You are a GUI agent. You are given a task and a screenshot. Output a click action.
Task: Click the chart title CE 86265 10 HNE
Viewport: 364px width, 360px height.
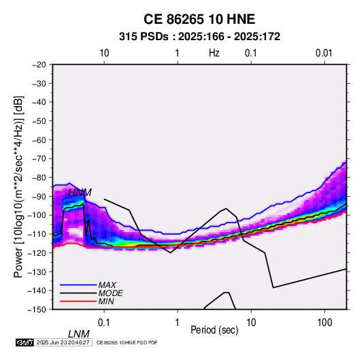199,19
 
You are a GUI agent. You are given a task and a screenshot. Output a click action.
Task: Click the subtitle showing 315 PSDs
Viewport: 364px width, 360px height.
199,37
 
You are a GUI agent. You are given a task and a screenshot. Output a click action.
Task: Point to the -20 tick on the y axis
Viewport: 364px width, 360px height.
39,65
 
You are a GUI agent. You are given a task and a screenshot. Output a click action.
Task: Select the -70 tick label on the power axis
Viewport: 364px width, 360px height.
39,159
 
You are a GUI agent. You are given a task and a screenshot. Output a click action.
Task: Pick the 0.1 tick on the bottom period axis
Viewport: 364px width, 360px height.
104,323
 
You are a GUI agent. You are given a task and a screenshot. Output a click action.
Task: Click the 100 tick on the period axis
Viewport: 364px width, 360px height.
325,323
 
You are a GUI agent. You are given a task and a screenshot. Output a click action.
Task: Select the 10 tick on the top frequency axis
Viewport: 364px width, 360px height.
104,53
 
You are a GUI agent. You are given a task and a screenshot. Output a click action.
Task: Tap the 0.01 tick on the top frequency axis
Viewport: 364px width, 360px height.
324,53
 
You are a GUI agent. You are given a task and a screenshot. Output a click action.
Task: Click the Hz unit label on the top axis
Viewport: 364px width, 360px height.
214,53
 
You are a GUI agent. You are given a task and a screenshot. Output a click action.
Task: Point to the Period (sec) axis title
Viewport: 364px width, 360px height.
214,330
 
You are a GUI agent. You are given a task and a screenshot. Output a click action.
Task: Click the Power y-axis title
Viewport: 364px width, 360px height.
18,186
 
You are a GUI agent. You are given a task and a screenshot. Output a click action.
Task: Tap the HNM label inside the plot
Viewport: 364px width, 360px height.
80,193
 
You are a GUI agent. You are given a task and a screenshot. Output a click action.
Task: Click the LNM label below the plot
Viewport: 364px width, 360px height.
79,334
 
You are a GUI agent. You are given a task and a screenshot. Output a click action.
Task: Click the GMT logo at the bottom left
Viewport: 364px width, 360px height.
25,342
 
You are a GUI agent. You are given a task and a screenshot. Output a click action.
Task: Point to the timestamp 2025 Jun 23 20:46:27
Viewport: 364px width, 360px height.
63,342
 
